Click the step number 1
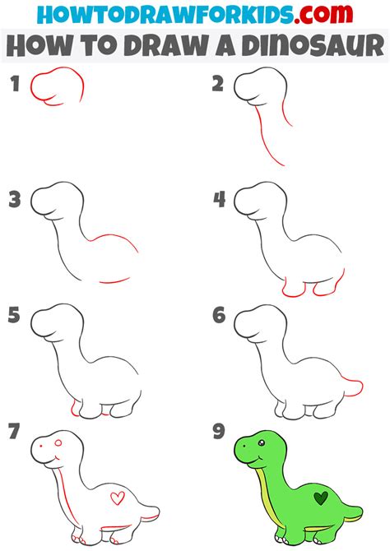pyautogui.click(x=13, y=82)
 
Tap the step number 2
pyautogui.click(x=218, y=82)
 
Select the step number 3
pyautogui.click(x=14, y=199)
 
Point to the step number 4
pyautogui.click(x=219, y=199)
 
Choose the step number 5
pyautogui.click(x=13, y=315)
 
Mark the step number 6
pyautogui.click(x=219, y=315)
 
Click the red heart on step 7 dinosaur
pyautogui.click(x=118, y=498)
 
